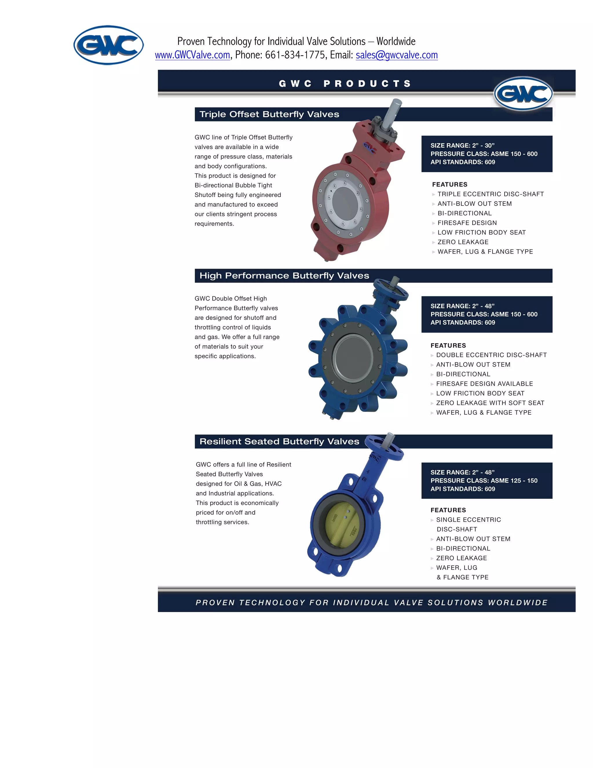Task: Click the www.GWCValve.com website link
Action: (x=193, y=55)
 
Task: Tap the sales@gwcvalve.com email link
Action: (x=397, y=55)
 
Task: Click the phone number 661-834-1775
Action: (x=295, y=55)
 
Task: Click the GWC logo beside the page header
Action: (x=109, y=45)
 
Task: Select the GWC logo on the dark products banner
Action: (x=523, y=94)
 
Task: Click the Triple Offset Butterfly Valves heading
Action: (x=269, y=114)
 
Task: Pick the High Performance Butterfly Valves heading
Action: (x=284, y=276)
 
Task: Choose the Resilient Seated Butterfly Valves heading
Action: (x=279, y=442)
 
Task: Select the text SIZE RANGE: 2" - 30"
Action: (x=462, y=145)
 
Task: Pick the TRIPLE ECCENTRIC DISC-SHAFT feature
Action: (x=490, y=194)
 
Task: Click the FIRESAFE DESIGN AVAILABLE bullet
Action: (x=484, y=384)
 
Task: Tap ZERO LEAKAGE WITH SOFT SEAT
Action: (x=490, y=403)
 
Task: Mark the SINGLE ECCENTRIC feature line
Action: (x=468, y=520)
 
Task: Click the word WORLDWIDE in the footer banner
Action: (x=517, y=603)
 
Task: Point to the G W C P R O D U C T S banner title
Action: (x=345, y=84)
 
